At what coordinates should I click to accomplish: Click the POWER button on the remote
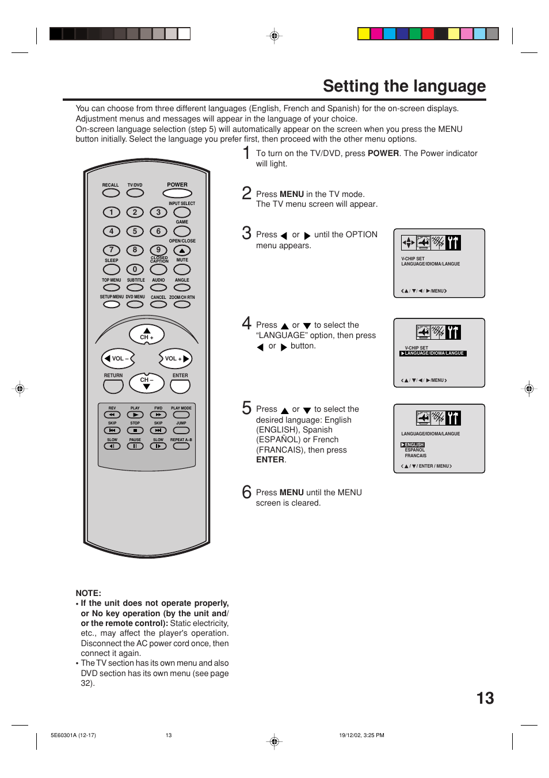177,193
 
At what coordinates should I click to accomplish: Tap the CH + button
147,334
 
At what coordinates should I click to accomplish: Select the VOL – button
118,359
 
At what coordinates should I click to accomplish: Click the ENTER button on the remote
180,385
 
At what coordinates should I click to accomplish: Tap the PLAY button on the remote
135,415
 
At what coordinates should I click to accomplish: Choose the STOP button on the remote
135,430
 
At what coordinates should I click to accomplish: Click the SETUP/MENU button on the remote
112,304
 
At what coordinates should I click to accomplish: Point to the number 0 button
135,270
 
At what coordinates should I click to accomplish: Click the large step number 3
246,233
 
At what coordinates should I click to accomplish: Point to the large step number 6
246,492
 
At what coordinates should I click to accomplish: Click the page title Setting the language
404,86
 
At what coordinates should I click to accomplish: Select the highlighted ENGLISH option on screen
413,445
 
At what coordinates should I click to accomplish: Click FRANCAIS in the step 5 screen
415,456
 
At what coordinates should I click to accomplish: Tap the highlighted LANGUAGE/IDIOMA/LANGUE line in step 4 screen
433,354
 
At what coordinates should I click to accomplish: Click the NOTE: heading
88,593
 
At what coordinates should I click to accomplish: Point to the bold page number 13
485,699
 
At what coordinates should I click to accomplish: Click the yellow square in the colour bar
364,34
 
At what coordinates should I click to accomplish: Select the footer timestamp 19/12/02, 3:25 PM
361,735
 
